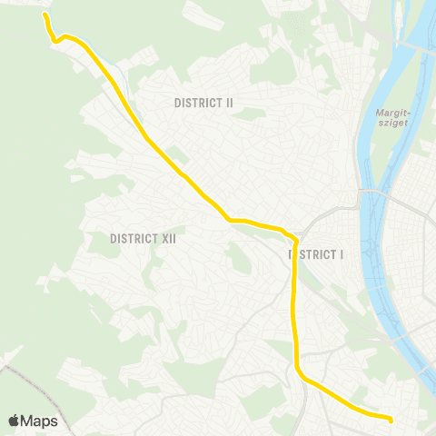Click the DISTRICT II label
tap(203, 103)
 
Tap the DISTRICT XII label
tap(142, 239)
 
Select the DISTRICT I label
tap(317, 255)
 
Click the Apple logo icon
tap(14, 421)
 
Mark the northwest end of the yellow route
tap(45, 15)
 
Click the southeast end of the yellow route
tap(390, 420)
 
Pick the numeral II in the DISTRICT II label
tap(229, 103)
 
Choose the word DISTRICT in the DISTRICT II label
tap(197, 103)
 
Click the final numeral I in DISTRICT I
tap(342, 255)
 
